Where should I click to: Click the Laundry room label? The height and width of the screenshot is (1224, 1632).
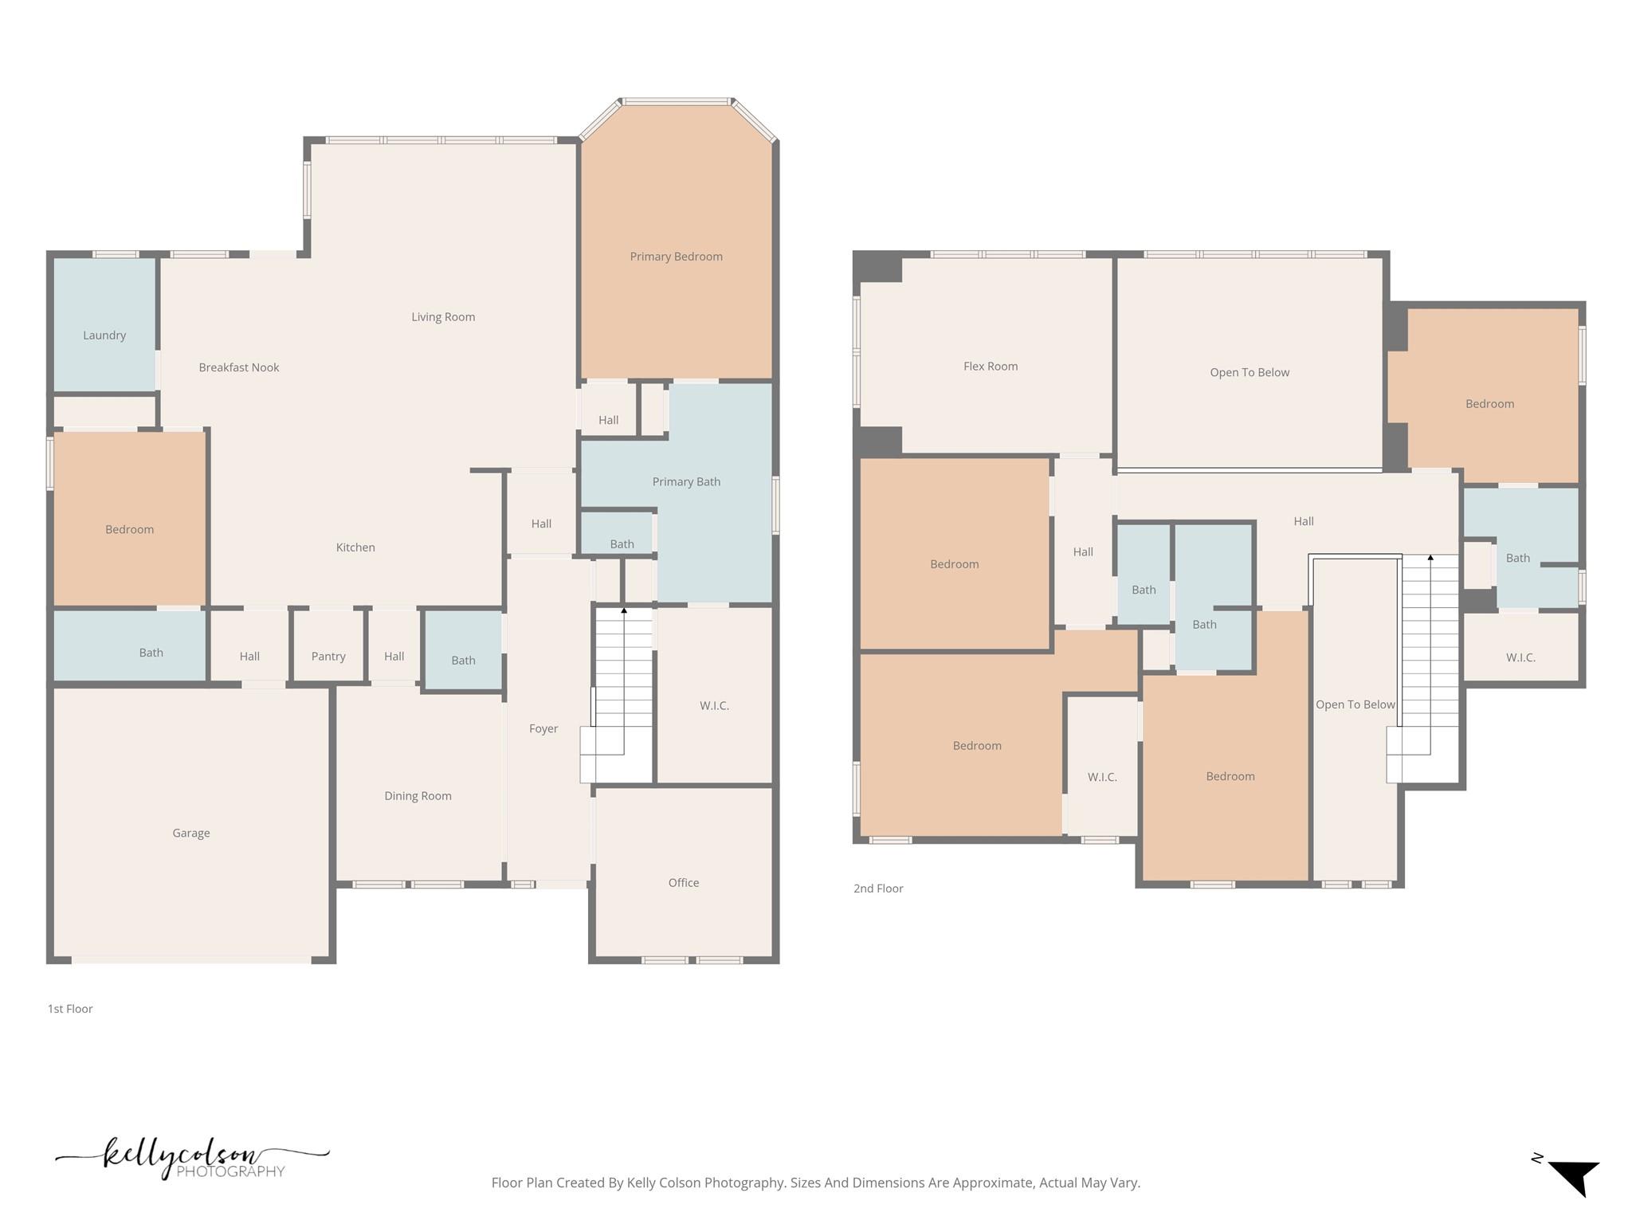coord(104,335)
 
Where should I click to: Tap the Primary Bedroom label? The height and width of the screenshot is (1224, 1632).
coord(676,257)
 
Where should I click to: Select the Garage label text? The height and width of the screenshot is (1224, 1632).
coord(191,833)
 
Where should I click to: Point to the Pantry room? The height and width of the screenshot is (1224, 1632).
coord(328,656)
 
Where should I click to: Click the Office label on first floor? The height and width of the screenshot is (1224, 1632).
coord(684,882)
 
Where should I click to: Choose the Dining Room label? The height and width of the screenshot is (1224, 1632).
coord(418,795)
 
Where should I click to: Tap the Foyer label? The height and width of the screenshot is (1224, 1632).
coord(543,728)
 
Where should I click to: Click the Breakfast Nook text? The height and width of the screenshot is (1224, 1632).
coord(239,367)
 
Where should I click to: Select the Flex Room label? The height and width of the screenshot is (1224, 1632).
coord(991,367)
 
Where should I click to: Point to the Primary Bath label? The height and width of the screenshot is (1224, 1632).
coord(686,481)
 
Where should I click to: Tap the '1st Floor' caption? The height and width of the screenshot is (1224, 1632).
coord(70,1009)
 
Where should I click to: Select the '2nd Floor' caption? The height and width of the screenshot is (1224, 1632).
coord(878,889)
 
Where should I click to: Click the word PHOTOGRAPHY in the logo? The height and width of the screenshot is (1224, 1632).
coord(230,1171)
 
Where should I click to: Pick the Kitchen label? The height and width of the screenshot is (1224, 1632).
coord(355,547)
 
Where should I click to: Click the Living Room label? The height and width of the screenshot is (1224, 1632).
coord(443,317)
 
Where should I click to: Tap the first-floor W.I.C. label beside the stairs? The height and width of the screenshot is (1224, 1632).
coord(714,705)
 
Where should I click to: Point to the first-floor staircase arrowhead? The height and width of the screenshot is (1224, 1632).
coord(624,610)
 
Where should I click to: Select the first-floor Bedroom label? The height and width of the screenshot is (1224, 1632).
coord(129,529)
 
